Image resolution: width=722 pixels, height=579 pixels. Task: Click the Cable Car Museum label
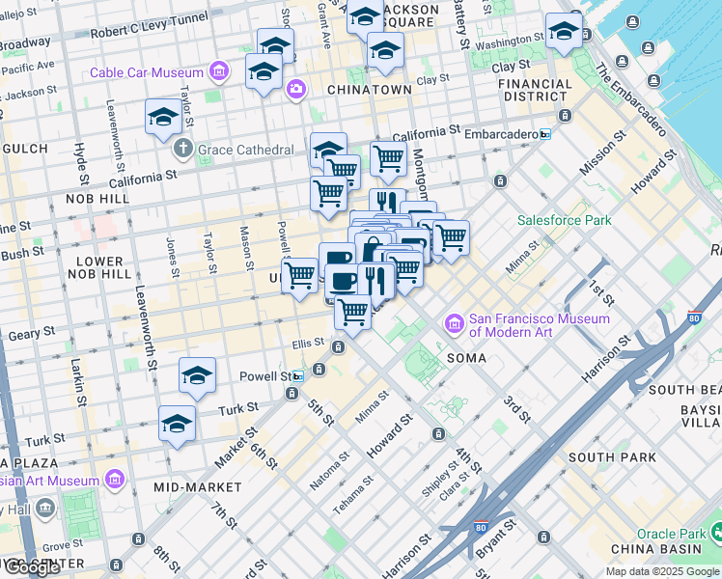(147, 72)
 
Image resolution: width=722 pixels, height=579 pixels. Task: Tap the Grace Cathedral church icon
(183, 150)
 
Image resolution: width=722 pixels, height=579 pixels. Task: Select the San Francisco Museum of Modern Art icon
(454, 322)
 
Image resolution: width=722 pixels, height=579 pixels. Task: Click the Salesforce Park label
(565, 220)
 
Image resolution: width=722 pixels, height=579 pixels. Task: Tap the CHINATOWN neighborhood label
(370, 89)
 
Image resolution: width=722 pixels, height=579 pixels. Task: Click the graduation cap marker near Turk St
(178, 424)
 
